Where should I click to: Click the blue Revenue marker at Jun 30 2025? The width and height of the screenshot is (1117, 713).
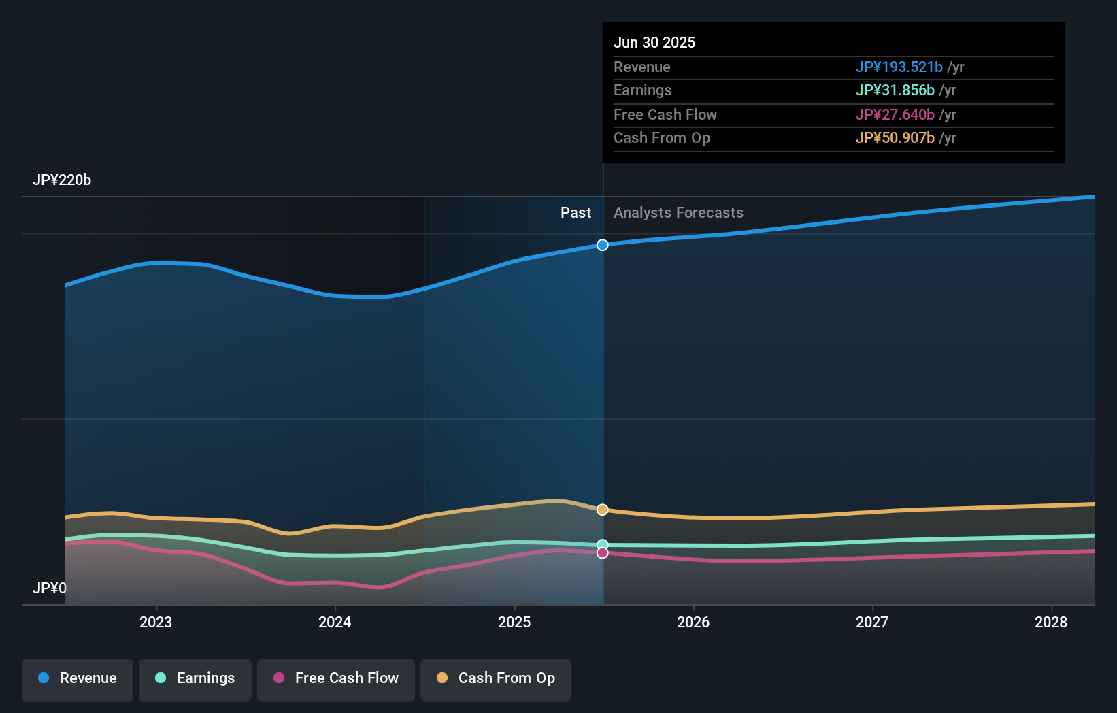pos(603,245)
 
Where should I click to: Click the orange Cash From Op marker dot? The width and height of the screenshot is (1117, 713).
pos(603,510)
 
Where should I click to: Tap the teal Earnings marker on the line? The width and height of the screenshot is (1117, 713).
pos(603,544)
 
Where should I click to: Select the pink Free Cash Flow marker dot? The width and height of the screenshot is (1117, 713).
pos(603,553)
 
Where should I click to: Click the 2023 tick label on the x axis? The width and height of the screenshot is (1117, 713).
pos(156,622)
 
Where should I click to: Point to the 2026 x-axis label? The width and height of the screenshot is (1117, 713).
pos(693,622)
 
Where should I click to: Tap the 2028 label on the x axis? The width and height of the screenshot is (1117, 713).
pos(1051,622)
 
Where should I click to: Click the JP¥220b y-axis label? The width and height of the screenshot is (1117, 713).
pos(62,180)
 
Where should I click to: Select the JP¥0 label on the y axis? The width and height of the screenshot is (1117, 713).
pos(50,588)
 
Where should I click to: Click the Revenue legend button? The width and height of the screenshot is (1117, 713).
pos(78,678)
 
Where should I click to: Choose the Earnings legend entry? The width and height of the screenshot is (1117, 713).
pos(195,678)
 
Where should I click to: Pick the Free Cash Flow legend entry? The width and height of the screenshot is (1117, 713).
pos(336,678)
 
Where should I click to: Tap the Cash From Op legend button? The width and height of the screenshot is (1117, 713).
pos(496,678)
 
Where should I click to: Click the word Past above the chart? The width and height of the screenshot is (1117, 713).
pos(576,213)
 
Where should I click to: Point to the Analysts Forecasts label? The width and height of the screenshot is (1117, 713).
pos(678,213)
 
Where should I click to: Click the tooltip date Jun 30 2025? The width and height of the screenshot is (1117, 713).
pos(654,43)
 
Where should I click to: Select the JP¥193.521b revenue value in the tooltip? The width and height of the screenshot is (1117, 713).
pos(899,67)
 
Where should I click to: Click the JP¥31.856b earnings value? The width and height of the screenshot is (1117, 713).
pos(895,90)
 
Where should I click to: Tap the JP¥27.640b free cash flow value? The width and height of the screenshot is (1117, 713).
pos(895,115)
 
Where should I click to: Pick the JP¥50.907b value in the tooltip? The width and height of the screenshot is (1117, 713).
pos(895,138)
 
